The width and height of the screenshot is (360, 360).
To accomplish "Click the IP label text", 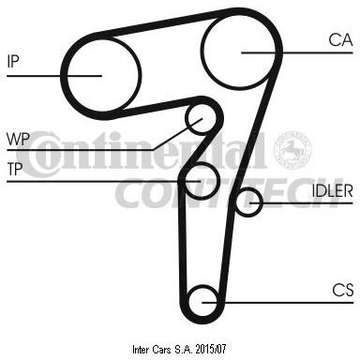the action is tap(13, 61).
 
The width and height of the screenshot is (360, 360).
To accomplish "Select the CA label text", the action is tap(340, 40).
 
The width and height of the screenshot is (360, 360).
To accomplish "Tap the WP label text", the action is tap(18, 139).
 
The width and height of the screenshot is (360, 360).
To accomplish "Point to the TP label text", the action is tap(15, 169).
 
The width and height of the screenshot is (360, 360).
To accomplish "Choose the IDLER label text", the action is tap(333, 191).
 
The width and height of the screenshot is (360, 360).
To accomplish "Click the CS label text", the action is tap(343, 290).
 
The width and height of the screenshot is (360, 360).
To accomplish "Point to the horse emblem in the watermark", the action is tap(292, 150).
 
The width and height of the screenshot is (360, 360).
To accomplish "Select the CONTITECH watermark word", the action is tap(230, 193).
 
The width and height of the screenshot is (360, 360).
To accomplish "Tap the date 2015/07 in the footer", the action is tap(211, 349).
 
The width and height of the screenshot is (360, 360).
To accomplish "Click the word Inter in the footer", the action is tap(142, 350).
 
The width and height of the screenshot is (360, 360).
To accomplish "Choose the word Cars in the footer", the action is tap(162, 350).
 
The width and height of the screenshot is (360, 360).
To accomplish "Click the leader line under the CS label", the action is tap(277, 303).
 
